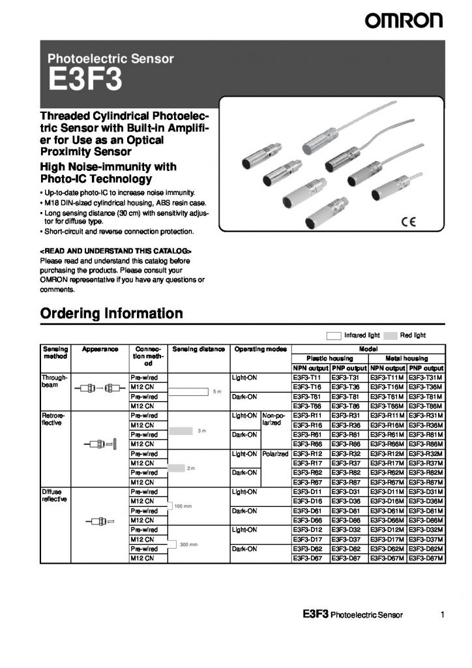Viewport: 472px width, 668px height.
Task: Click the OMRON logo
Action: pos(403,21)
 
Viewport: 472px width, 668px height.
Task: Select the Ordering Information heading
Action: pos(111,314)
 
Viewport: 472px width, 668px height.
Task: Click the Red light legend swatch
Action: pos(391,335)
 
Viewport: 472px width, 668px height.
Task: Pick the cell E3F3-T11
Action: pos(310,378)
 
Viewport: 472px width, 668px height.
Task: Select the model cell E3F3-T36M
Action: pos(426,387)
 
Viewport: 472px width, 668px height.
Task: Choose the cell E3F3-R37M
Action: pos(426,463)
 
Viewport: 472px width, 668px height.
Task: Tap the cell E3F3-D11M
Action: pos(387,491)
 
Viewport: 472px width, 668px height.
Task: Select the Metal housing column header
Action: pos(406,358)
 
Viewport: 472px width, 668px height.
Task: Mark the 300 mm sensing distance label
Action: pos(188,544)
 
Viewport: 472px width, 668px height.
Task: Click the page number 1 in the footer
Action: pos(443,615)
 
